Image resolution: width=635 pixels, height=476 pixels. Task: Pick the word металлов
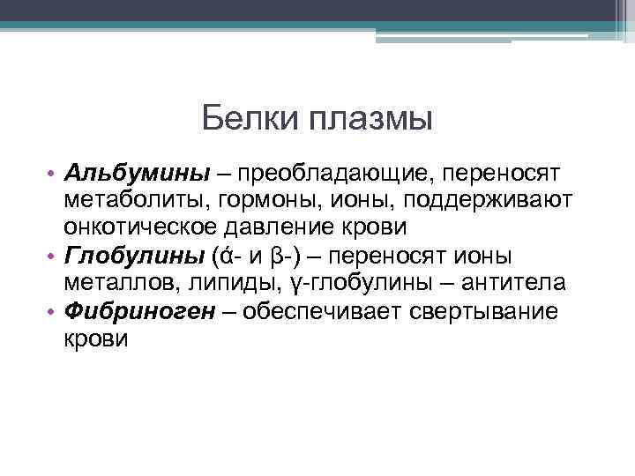point(114,283)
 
